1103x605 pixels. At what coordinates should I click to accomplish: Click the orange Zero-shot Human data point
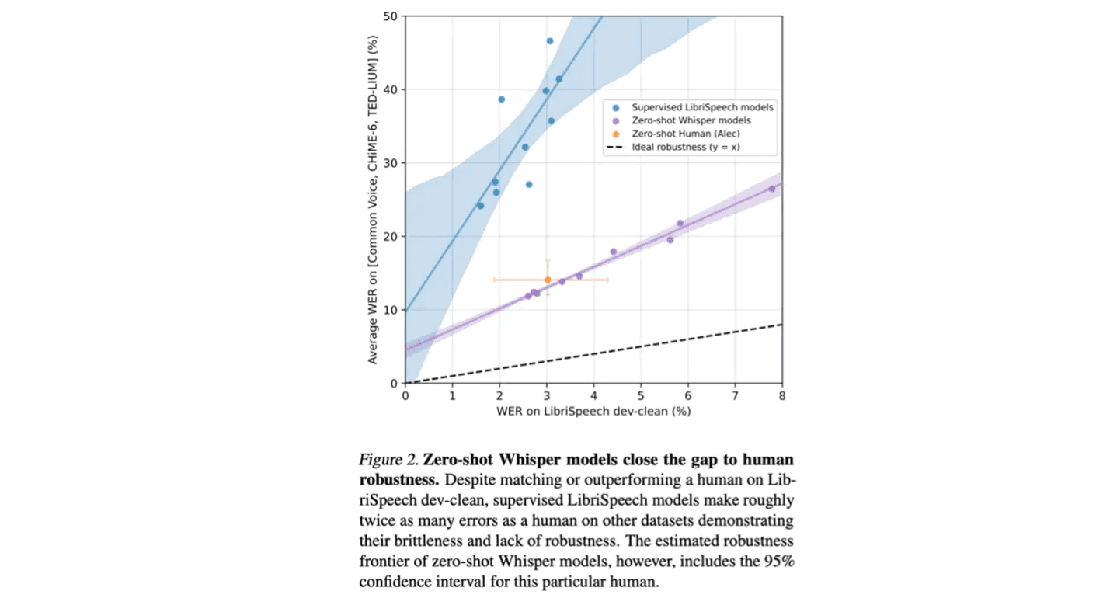click(x=547, y=280)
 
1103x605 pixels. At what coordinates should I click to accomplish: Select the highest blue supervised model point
click(x=549, y=41)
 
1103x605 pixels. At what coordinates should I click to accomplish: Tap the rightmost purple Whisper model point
click(x=771, y=189)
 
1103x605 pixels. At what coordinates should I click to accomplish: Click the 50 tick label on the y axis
click(x=391, y=16)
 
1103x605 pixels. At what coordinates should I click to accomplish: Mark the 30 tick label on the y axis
click(x=391, y=163)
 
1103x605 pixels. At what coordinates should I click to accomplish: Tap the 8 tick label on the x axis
click(x=781, y=395)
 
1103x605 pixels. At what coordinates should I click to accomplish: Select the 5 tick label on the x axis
click(x=640, y=395)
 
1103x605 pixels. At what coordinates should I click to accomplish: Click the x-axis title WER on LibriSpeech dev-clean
click(x=593, y=411)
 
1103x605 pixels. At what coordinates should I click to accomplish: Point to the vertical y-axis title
click(x=374, y=199)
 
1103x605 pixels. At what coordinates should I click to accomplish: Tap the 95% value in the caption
click(x=778, y=561)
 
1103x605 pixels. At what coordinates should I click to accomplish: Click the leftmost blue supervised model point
click(x=480, y=206)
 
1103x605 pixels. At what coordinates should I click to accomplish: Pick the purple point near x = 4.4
click(x=613, y=252)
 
